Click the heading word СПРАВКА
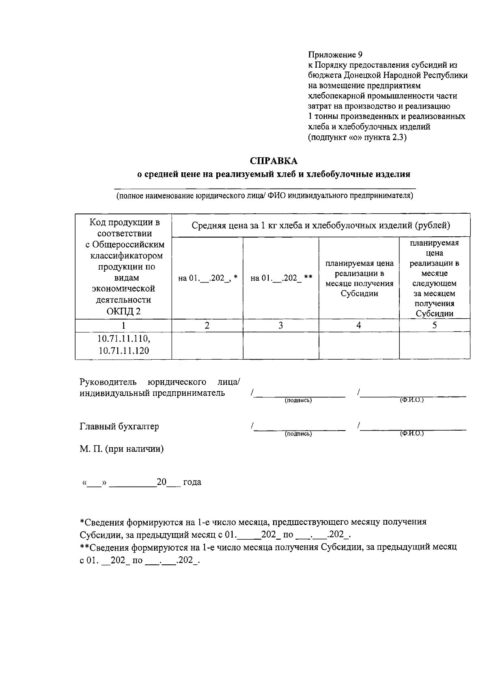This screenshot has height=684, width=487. coord(274,161)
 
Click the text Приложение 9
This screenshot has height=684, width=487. coord(335,55)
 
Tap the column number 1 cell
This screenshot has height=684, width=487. coord(123,325)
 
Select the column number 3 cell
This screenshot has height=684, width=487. coord(280,325)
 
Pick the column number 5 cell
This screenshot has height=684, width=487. coord(434,325)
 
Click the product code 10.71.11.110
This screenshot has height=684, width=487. coord(123,338)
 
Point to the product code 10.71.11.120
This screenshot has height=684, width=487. coord(123,350)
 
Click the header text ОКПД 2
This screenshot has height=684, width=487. coord(123,311)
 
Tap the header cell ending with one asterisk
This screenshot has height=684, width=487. coord(207,278)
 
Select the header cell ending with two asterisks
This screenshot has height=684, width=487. coord(281,278)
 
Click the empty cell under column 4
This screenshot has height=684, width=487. coord(359,345)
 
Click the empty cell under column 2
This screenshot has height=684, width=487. coord(207,345)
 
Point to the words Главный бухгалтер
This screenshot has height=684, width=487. coord(119,426)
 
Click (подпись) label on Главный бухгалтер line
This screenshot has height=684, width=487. coord(298,434)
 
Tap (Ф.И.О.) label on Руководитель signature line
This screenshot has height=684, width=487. coord(412,400)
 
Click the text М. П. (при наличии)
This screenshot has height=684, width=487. coord(122,449)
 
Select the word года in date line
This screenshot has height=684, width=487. coord(192,482)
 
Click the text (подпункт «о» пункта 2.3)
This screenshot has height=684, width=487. coord(357,137)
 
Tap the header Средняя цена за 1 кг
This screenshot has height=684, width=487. coord(321,225)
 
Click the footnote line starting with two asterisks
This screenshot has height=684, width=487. coord(268,547)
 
